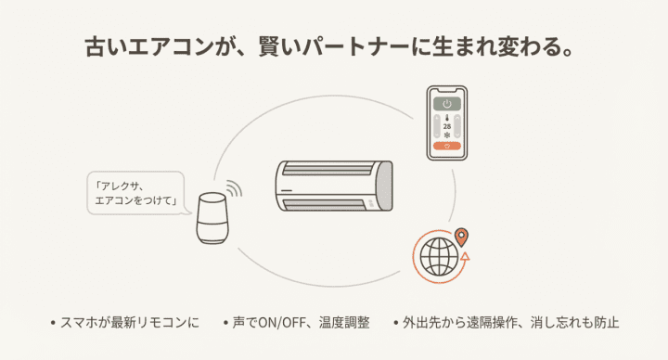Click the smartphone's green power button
tap(447, 104)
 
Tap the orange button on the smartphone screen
tap(447, 147)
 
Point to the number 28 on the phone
tap(447, 126)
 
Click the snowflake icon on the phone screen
tap(447, 135)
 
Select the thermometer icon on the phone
tap(447, 118)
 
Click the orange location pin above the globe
tap(461, 237)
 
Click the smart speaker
tap(212, 219)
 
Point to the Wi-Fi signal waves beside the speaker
tap(234, 190)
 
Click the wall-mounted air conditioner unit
tap(334, 186)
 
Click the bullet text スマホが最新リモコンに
tap(129, 323)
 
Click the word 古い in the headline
tap(101, 46)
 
